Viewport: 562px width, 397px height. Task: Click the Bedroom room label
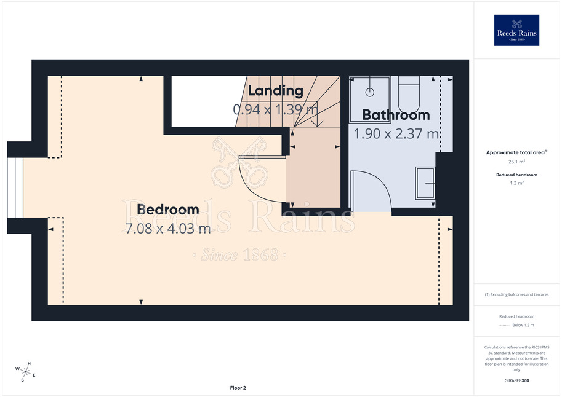[x=168, y=210]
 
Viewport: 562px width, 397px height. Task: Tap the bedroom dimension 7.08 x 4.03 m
[x=168, y=229]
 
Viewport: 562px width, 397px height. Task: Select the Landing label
[x=276, y=91]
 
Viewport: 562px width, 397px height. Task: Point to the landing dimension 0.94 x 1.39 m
[x=276, y=109]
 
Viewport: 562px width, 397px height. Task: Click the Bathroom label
[x=396, y=115]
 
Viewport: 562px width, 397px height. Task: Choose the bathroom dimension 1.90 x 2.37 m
[x=396, y=134]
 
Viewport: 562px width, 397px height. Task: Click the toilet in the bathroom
[x=409, y=95]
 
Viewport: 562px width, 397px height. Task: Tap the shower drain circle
[x=370, y=92]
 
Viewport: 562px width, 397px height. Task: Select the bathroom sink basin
[x=425, y=183]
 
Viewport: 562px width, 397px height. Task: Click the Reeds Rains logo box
[x=516, y=30]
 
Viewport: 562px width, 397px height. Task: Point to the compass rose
[x=25, y=372]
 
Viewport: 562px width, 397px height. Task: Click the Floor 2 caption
[x=238, y=388]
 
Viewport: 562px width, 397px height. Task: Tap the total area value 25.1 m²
[x=516, y=162]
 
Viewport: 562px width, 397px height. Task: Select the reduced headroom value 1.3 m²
[x=516, y=183]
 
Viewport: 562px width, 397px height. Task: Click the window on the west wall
[x=15, y=187]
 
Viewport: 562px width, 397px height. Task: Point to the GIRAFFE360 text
[x=516, y=380]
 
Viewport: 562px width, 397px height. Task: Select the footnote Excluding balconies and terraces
[x=516, y=294]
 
